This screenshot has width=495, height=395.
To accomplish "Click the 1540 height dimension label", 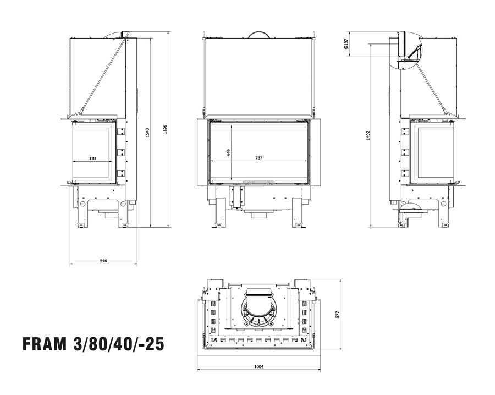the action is (x=147, y=133).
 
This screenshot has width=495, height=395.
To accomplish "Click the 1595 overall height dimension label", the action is (x=165, y=129).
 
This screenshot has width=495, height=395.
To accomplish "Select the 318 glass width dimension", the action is (x=92, y=158).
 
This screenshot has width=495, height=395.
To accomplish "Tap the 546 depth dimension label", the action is (x=103, y=261).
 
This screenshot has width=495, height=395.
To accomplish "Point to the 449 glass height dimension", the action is (x=229, y=152).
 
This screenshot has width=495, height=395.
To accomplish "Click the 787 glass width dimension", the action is (x=259, y=158).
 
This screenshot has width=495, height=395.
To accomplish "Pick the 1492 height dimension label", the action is (x=368, y=135).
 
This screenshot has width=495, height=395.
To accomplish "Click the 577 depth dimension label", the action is (x=337, y=315).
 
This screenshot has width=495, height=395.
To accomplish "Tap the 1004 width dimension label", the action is (x=259, y=366).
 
